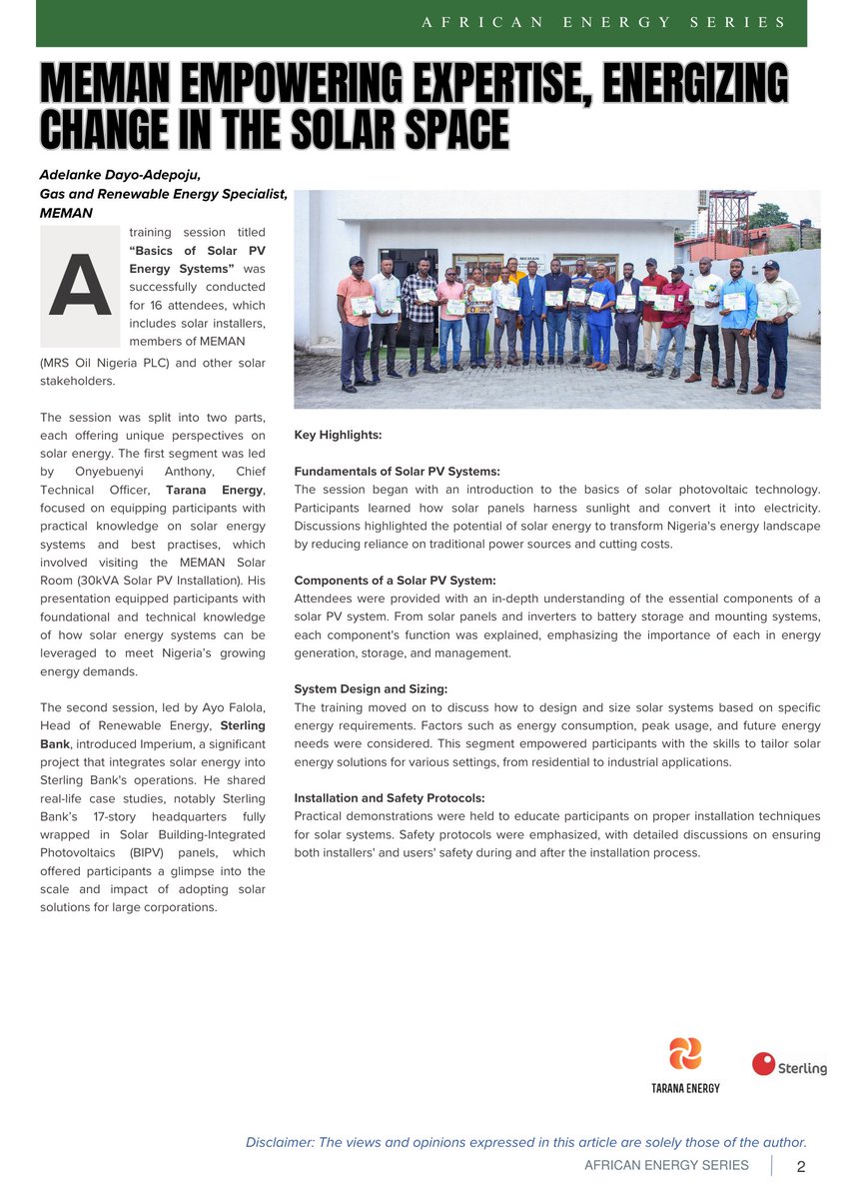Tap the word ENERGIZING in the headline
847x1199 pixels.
pyautogui.click(x=688, y=82)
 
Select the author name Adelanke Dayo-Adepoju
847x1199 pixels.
pyautogui.click(x=120, y=174)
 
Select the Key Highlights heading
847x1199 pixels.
pyautogui.click(x=338, y=435)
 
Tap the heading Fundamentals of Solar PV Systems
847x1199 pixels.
pyautogui.click(x=397, y=471)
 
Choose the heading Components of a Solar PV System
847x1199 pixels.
pyautogui.click(x=395, y=581)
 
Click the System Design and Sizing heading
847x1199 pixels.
pyautogui.click(x=370, y=689)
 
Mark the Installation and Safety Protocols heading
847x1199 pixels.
pyautogui.click(x=390, y=798)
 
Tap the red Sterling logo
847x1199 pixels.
pyautogui.click(x=789, y=1065)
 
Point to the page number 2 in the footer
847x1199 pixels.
pyautogui.click(x=801, y=1166)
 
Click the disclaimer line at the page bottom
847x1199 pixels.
pyautogui.click(x=525, y=1142)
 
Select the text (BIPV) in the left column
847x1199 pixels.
pyautogui.click(x=147, y=852)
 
